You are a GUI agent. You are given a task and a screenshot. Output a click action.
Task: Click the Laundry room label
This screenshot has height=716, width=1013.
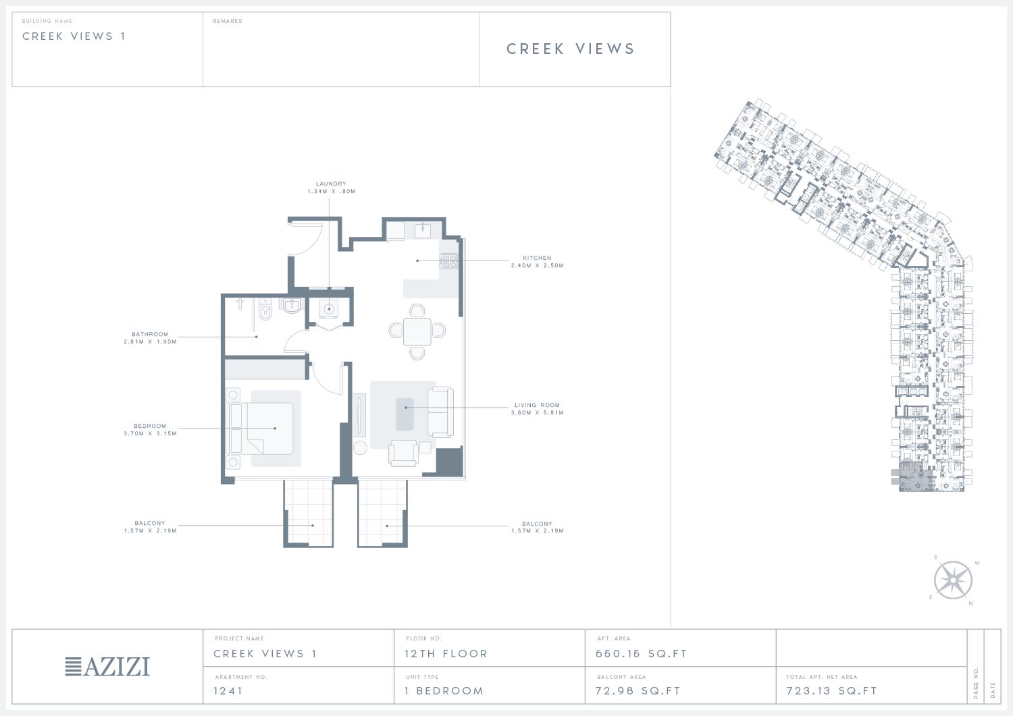(x=331, y=184)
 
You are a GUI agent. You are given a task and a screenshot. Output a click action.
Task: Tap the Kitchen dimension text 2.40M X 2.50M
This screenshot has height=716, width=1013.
(x=538, y=265)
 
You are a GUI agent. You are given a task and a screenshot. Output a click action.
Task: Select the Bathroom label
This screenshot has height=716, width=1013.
(x=150, y=334)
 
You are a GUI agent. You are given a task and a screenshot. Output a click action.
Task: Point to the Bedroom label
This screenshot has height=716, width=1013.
(x=150, y=426)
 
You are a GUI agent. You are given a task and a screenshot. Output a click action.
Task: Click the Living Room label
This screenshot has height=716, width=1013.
(x=538, y=405)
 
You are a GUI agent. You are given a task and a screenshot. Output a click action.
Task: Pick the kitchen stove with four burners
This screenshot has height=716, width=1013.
(x=448, y=260)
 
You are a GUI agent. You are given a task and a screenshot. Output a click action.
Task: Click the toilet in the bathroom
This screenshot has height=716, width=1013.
(x=265, y=310)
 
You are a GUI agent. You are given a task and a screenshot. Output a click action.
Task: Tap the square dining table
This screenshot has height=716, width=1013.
(x=417, y=331)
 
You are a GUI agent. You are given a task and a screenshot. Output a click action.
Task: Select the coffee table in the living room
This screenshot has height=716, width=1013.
(x=405, y=414)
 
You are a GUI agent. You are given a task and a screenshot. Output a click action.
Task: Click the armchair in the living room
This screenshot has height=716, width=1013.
(x=403, y=453)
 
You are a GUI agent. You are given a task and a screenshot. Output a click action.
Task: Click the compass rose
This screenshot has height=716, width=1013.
(x=953, y=580)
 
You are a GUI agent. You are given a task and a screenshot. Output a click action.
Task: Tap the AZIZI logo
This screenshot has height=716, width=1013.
(x=107, y=667)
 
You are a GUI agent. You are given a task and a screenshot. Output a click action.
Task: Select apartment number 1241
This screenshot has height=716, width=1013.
(x=228, y=690)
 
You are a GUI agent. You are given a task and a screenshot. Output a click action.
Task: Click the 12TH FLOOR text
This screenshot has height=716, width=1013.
(x=446, y=654)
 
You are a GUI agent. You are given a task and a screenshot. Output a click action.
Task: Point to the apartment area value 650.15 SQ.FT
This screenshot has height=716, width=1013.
(x=642, y=654)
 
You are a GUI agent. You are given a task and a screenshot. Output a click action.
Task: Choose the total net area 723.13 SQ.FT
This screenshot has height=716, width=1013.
(x=831, y=690)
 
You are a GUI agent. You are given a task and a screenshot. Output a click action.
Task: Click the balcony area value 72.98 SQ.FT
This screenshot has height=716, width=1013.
(x=638, y=690)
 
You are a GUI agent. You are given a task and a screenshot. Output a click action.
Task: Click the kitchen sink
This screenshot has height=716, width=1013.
(x=423, y=231)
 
